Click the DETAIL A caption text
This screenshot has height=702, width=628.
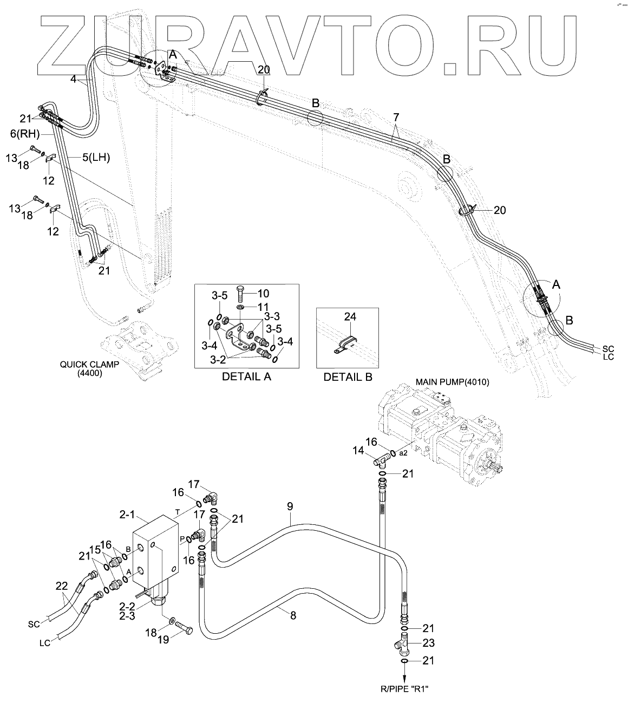point(246,376)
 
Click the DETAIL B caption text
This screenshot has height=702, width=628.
point(348,376)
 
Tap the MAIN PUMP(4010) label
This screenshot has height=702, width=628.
point(452,382)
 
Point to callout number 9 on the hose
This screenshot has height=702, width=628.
point(290,507)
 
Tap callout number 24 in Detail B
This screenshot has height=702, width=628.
point(350,317)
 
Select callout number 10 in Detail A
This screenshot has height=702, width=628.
point(263,294)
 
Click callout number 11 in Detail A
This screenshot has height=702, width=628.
point(263,307)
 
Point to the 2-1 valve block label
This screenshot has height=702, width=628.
point(127,515)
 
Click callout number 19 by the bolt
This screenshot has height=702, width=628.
point(163,639)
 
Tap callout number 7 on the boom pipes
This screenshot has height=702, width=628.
point(396,117)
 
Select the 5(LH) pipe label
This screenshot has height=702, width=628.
point(96,158)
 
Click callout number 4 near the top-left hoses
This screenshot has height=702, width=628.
point(73,79)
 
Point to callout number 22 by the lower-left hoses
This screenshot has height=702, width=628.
point(63,585)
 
